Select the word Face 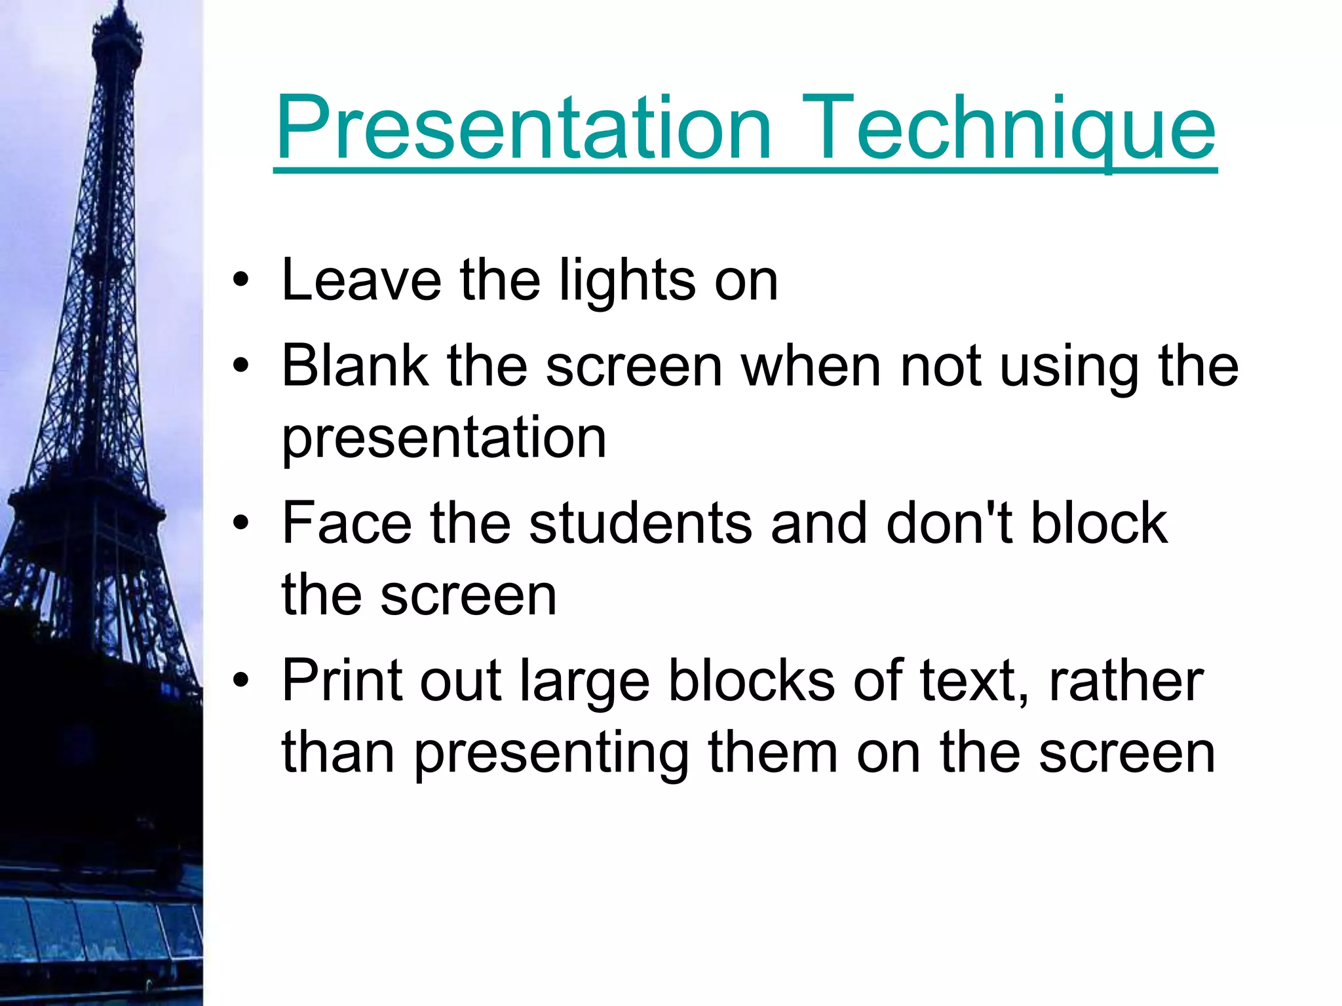pyautogui.click(x=347, y=523)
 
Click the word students pyautogui.click(x=641, y=523)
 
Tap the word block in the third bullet pyautogui.click(x=1100, y=523)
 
